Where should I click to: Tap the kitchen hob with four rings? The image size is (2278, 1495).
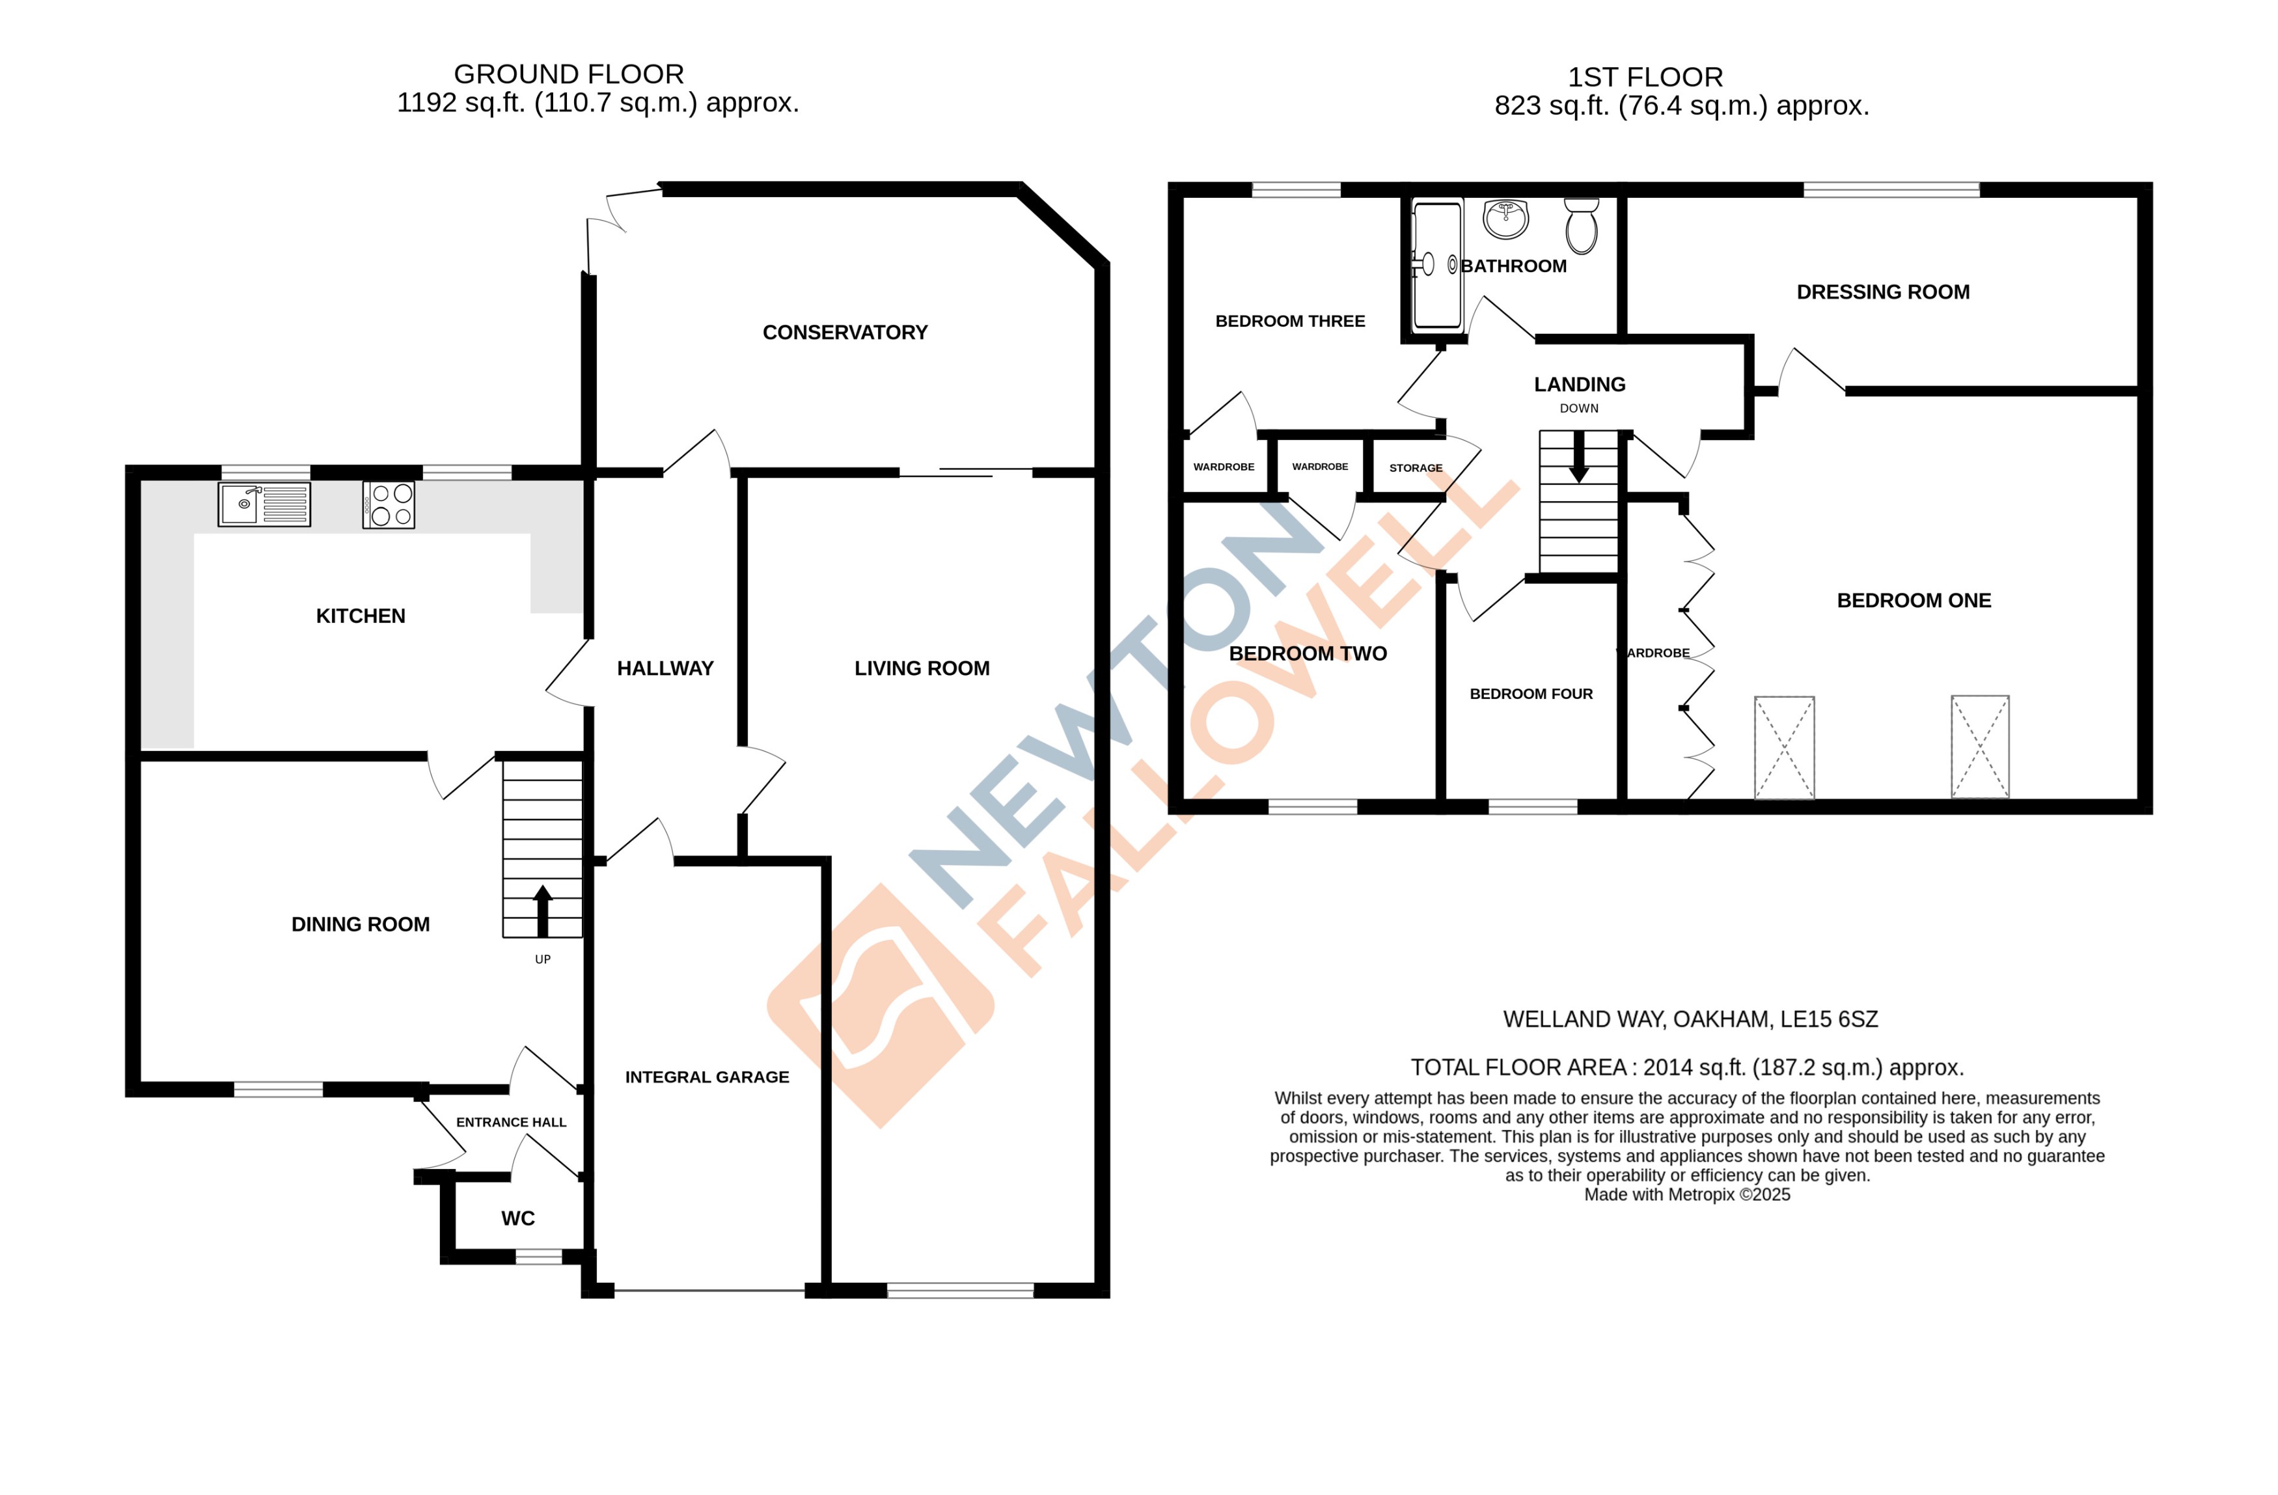389,504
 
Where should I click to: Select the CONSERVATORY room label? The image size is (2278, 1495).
844,332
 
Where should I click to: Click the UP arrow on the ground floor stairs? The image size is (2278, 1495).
543,910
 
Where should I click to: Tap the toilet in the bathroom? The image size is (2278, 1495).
1581,227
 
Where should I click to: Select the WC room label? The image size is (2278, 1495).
518,1218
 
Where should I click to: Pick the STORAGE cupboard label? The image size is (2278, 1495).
1416,468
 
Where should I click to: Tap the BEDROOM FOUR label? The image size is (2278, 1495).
1530,694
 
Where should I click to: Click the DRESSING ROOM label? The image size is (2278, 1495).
1883,292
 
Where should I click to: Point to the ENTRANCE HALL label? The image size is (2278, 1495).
511,1121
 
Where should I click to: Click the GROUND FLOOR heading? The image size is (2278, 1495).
569,74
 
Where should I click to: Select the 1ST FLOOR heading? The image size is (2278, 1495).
1644,77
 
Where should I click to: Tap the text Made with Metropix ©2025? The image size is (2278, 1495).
1686,1194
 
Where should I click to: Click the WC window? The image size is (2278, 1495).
539,1257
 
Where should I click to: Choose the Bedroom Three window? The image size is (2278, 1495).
1296,189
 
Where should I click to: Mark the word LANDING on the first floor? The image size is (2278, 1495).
1579,385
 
